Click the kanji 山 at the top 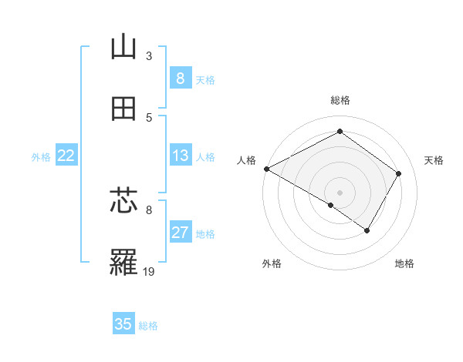pos(123,48)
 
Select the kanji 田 pos(123,109)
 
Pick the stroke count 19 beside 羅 pos(150,271)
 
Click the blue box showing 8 pos(180,78)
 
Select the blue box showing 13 pos(180,156)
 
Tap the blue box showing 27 pos(180,233)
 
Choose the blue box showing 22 pos(66,156)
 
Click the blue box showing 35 pos(123,324)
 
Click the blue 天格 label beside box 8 pos(205,79)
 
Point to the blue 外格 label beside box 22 pos(41,157)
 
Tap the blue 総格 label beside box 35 pos(148,326)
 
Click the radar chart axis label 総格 pos(340,100)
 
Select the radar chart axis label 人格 pos(247,160)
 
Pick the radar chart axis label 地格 pos(404,264)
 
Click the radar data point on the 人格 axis pos(266,169)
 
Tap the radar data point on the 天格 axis pos(398,173)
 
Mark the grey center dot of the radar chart pos(340,192)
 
